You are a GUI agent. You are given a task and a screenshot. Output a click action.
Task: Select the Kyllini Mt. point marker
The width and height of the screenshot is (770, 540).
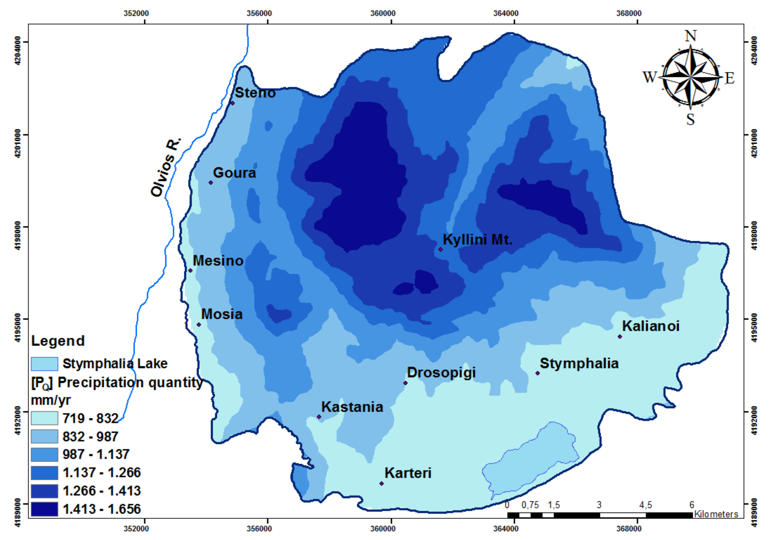(441, 249)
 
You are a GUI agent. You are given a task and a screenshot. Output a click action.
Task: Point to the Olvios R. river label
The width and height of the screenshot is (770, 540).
(166, 167)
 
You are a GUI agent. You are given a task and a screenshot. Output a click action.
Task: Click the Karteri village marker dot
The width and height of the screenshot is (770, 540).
(381, 483)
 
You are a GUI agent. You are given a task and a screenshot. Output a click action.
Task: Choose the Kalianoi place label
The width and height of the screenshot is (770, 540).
(651, 326)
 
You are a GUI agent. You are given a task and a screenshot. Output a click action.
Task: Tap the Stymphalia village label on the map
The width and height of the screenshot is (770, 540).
(579, 364)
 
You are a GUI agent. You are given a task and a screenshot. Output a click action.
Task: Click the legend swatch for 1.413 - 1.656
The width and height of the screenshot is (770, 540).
(44, 509)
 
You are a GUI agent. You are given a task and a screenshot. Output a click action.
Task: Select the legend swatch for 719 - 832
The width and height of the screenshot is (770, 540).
(44, 418)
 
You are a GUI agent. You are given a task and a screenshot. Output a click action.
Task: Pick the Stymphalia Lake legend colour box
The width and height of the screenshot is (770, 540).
(44, 364)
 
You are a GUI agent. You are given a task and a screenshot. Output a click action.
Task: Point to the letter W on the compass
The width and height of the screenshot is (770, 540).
(650, 77)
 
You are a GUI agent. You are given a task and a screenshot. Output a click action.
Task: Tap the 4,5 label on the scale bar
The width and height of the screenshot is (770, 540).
(645, 505)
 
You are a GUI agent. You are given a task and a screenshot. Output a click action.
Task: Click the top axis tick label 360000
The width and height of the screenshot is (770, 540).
(383, 13)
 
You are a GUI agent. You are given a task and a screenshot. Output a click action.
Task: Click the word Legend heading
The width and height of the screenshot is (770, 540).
(58, 341)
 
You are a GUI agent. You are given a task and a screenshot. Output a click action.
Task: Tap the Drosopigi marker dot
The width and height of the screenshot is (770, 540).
(405, 383)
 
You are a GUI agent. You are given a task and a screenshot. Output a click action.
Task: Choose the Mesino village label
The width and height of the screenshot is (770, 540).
(218, 261)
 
